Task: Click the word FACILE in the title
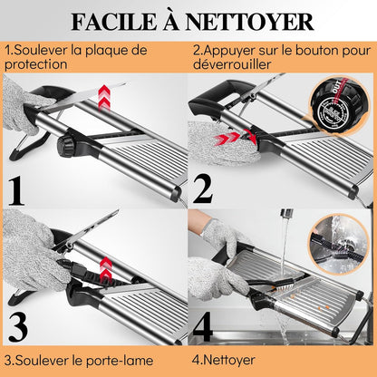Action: pyautogui.click(x=114, y=22)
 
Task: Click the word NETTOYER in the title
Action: pyautogui.click(x=249, y=22)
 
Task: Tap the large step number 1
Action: pyautogui.click(x=16, y=191)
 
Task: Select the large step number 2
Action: pyautogui.click(x=203, y=189)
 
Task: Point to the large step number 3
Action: pyautogui.click(x=18, y=327)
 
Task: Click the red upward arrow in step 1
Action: pyautogui.click(x=104, y=97)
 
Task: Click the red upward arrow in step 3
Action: pyautogui.click(x=105, y=271)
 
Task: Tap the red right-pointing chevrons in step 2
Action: pyautogui.click(x=226, y=139)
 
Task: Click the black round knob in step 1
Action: pyautogui.click(x=65, y=147)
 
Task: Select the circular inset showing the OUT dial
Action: pyautogui.click(x=340, y=102)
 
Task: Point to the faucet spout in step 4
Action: pyautogui.click(x=286, y=213)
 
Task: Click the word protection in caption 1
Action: pyautogui.click(x=36, y=64)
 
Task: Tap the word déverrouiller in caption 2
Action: pyautogui.click(x=232, y=64)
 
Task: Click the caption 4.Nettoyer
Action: pyautogui.click(x=224, y=360)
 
